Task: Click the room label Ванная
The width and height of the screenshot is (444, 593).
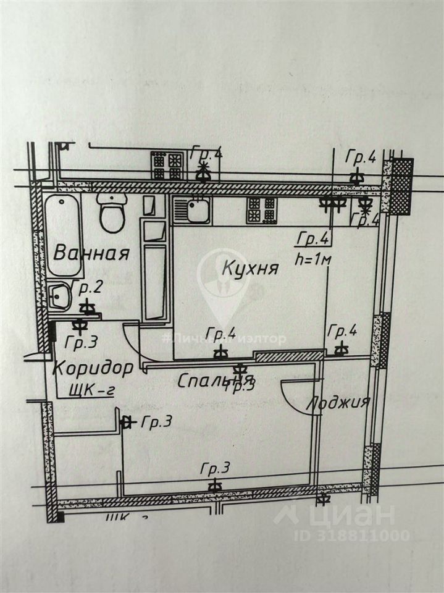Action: (91, 253)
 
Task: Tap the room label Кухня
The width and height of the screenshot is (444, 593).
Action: (250, 269)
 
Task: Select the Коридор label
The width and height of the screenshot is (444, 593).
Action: (93, 368)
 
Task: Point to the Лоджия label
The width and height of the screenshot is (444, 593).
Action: (338, 403)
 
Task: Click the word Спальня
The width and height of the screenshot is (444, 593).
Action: (214, 381)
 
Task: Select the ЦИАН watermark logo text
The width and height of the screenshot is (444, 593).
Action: (355, 515)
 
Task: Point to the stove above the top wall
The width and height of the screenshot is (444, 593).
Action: (167, 164)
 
